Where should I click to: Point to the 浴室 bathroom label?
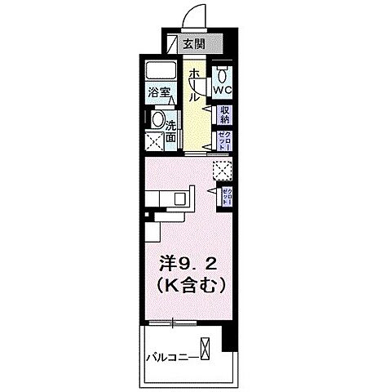(158, 92)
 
